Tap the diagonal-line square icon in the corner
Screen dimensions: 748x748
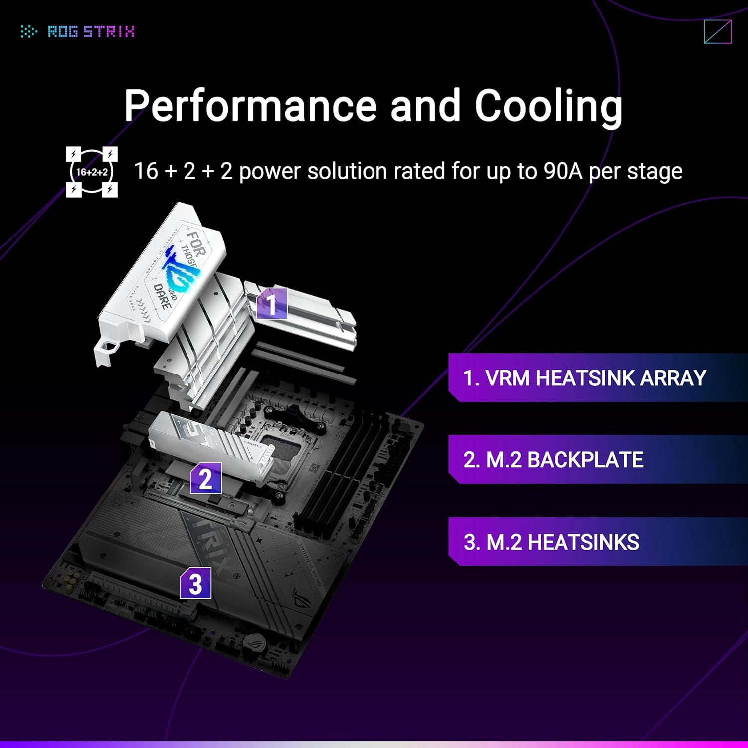[x=717, y=32]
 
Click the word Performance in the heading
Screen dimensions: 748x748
[x=250, y=105]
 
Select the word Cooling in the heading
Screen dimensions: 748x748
[x=549, y=105]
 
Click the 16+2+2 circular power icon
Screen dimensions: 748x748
[x=92, y=172]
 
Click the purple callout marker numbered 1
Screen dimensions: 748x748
[x=272, y=304]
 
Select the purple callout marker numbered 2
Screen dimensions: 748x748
[x=205, y=479]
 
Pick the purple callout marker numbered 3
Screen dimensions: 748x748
[x=195, y=584]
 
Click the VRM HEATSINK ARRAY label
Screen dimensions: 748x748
[x=584, y=378]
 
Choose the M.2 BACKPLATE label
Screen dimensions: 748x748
[x=553, y=460]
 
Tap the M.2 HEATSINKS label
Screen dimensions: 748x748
[x=551, y=542]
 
